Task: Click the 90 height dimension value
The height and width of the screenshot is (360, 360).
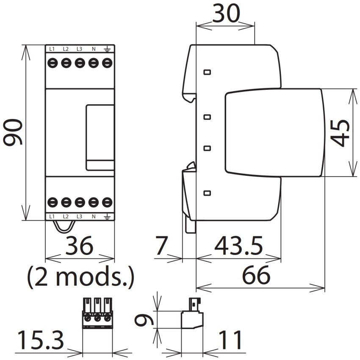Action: click(13, 132)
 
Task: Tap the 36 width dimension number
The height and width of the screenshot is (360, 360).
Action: click(80, 246)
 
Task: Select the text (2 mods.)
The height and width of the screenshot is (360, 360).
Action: click(80, 277)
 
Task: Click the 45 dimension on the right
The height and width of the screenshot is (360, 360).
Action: click(340, 133)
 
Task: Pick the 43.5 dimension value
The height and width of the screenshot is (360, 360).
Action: click(238, 246)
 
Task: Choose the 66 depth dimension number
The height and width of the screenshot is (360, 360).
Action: click(256, 275)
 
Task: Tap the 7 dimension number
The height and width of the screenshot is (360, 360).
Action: click(162, 246)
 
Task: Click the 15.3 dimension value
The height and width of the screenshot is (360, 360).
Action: click(40, 340)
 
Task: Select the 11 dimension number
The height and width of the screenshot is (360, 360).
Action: click(230, 340)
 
